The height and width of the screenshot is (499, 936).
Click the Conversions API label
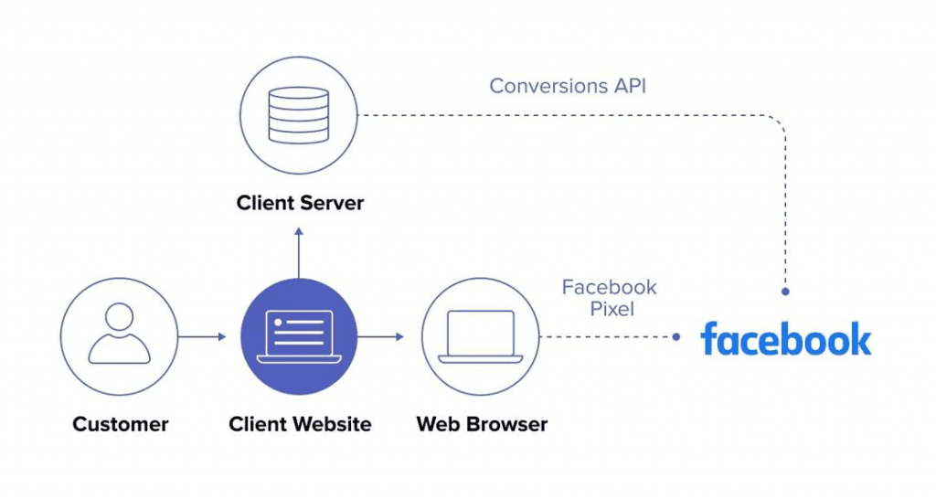pos(568,86)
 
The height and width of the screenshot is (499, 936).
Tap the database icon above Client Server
pos(299,115)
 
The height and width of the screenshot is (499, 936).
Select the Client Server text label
pos(300,202)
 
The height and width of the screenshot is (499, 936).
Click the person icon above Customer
pos(120,335)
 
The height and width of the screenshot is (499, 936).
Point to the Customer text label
pos(121,424)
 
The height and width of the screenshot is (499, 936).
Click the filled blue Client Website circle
pos(299,335)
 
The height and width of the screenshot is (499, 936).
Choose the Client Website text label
pos(300,424)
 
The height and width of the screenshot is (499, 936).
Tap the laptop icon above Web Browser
pos(481,335)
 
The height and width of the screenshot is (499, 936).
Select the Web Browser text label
pos(482,424)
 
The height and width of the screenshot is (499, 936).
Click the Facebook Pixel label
pos(609,298)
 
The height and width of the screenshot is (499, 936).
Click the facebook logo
pos(785,339)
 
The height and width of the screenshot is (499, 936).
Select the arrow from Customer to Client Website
pos(202,336)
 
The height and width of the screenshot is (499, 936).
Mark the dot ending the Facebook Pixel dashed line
pos(676,336)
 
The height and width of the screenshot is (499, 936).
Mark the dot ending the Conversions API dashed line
pos(785,292)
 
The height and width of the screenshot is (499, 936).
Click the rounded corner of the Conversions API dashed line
pos(777,123)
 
